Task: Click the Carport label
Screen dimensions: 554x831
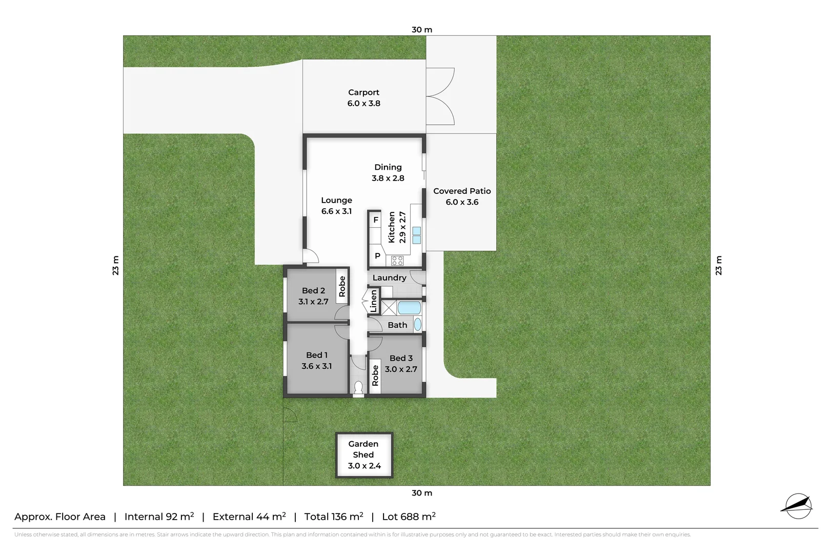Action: (x=363, y=92)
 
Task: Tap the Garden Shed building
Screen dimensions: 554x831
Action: (x=364, y=455)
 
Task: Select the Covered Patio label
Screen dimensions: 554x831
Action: (x=462, y=191)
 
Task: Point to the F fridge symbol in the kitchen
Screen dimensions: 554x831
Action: (x=376, y=220)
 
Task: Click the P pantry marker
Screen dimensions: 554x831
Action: (x=377, y=256)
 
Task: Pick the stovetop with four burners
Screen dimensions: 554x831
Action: (x=397, y=261)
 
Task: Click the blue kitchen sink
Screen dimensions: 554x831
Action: (x=416, y=235)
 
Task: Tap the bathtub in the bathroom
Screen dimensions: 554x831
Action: (x=409, y=308)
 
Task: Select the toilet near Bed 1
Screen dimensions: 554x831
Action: (x=359, y=388)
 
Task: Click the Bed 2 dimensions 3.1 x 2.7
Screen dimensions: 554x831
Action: (x=313, y=302)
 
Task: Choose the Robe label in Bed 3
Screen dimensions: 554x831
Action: (x=375, y=375)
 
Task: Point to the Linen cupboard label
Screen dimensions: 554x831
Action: (x=374, y=301)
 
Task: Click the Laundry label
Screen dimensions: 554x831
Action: (x=389, y=278)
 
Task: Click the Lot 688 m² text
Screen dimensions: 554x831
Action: (x=409, y=517)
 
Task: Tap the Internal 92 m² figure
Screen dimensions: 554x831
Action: (x=159, y=517)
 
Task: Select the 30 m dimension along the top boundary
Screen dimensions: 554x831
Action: (x=422, y=30)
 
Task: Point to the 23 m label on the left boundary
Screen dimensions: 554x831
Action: (x=116, y=265)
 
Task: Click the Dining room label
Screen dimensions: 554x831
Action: (x=388, y=167)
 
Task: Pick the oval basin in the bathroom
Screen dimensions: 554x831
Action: (x=418, y=324)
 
